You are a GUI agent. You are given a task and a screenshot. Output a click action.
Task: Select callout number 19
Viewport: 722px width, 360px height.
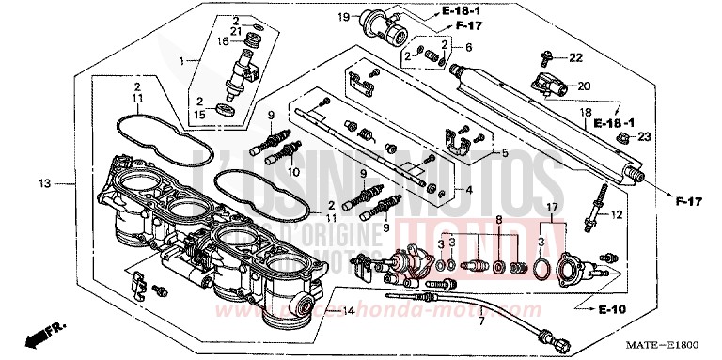tap(343, 16)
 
